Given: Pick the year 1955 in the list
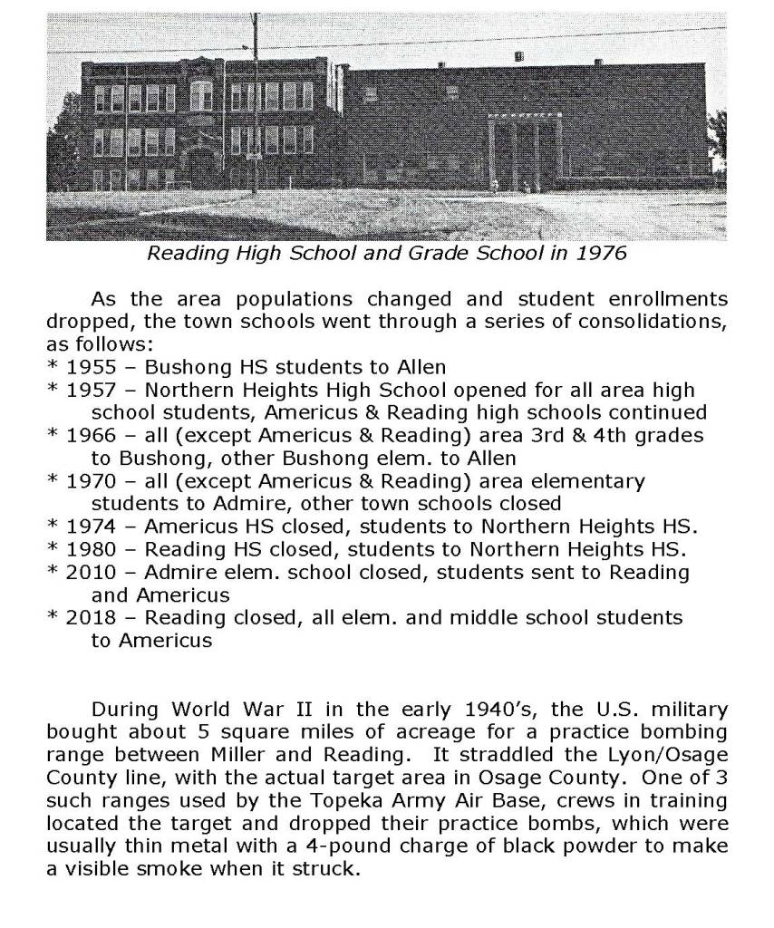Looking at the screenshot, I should coord(89,368).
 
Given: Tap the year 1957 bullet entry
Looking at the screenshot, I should coord(89,391).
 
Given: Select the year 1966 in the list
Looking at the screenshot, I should coord(89,436).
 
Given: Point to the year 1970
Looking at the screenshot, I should coord(89,481).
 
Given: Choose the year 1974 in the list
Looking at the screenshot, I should coord(89,527).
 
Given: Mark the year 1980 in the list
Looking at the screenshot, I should coord(89,549).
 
